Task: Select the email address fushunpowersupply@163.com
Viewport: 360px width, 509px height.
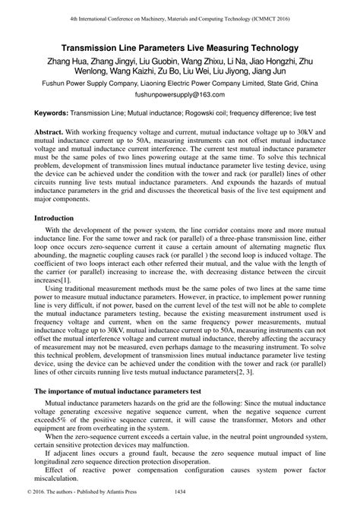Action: point(180,96)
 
